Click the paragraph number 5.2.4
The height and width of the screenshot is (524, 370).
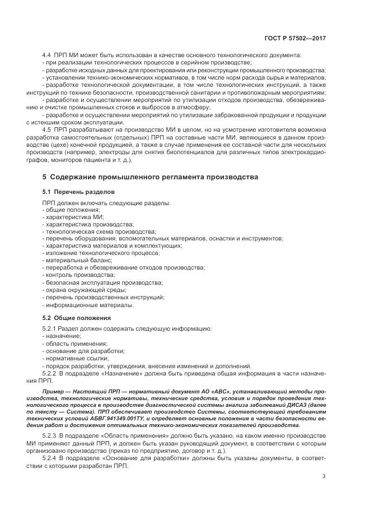pos(50,457)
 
